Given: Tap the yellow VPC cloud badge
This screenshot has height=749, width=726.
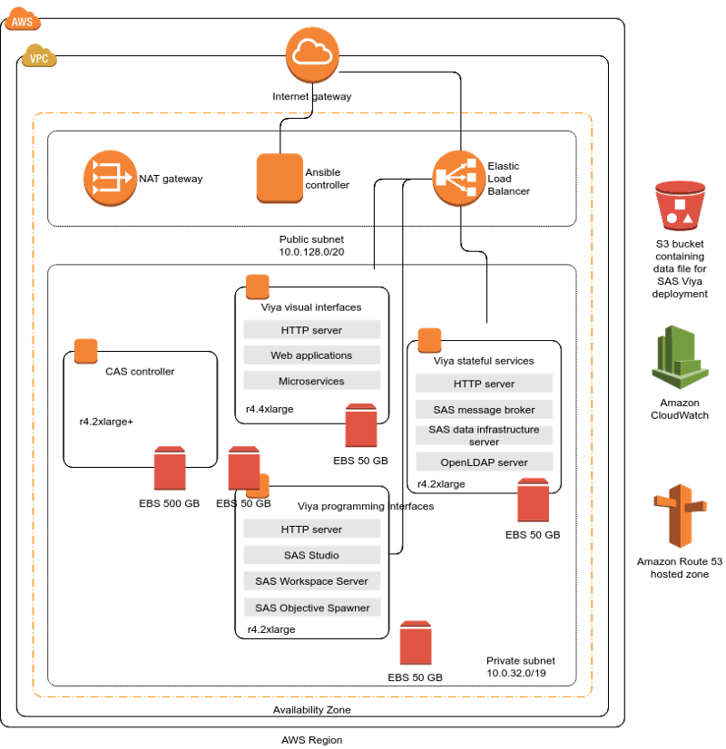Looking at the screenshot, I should click(39, 56).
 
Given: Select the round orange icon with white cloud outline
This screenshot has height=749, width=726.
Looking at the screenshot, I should click(312, 54).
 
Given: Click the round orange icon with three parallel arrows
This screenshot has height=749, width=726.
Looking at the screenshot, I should click(110, 178).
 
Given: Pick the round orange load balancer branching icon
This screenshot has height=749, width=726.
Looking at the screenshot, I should click(458, 178).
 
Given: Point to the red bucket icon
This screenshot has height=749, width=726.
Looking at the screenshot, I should click(680, 205).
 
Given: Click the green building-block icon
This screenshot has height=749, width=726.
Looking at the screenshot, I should click(680, 357).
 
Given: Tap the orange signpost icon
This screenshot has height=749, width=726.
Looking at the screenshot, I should click(680, 515).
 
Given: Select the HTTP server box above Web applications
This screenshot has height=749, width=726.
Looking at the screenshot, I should click(311, 330).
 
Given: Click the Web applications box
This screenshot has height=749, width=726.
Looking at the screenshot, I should click(311, 355).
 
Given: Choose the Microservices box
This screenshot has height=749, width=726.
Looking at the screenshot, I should click(311, 381).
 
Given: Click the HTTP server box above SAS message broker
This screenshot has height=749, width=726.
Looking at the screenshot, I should click(484, 384).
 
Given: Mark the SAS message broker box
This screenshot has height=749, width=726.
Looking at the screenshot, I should click(484, 410).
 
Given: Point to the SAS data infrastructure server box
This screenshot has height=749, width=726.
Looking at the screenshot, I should click(484, 435).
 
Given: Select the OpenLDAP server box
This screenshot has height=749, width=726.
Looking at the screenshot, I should click(484, 462).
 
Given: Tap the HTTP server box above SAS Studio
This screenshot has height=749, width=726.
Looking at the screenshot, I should click(311, 530).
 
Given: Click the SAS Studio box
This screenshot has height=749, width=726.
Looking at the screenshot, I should click(311, 555).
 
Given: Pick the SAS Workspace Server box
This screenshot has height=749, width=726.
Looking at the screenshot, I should click(311, 581).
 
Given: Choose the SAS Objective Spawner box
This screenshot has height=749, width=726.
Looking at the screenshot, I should click(311, 608).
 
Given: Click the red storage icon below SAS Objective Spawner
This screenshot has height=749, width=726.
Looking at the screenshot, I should click(416, 643).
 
